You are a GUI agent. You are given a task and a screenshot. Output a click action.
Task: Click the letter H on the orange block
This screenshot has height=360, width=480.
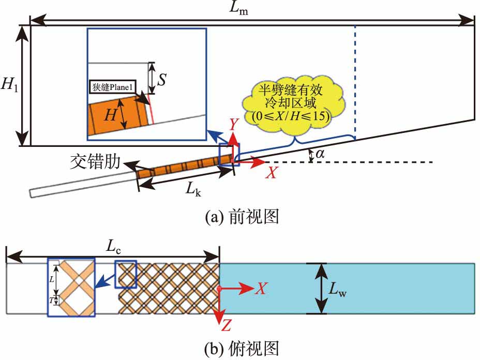click(x=110, y=115)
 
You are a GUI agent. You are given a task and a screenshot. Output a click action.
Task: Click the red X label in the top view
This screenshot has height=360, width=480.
click(x=261, y=289)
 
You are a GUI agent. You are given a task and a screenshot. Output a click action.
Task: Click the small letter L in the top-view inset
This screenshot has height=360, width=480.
click(x=51, y=278)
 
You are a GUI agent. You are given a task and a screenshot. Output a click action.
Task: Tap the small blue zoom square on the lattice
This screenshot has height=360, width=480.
click(x=126, y=274)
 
